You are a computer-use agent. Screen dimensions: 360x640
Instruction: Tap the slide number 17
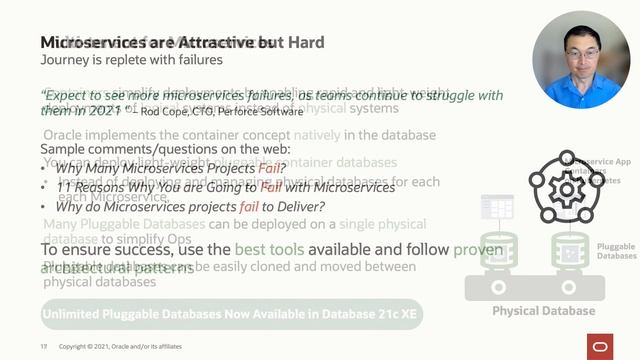44,346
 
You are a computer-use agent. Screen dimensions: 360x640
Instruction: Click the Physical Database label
542,311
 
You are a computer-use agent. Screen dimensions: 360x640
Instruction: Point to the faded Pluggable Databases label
616,250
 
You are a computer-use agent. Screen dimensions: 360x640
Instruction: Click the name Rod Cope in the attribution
158,109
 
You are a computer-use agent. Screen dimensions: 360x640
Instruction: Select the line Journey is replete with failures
130,60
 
